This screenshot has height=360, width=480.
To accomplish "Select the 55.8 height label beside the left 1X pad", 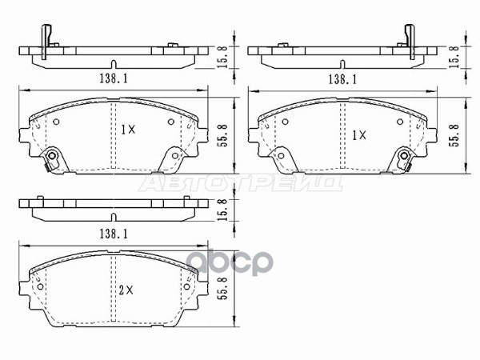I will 222,130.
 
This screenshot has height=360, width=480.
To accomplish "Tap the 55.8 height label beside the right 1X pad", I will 455,130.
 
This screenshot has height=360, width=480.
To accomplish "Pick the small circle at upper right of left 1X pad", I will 170,121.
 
